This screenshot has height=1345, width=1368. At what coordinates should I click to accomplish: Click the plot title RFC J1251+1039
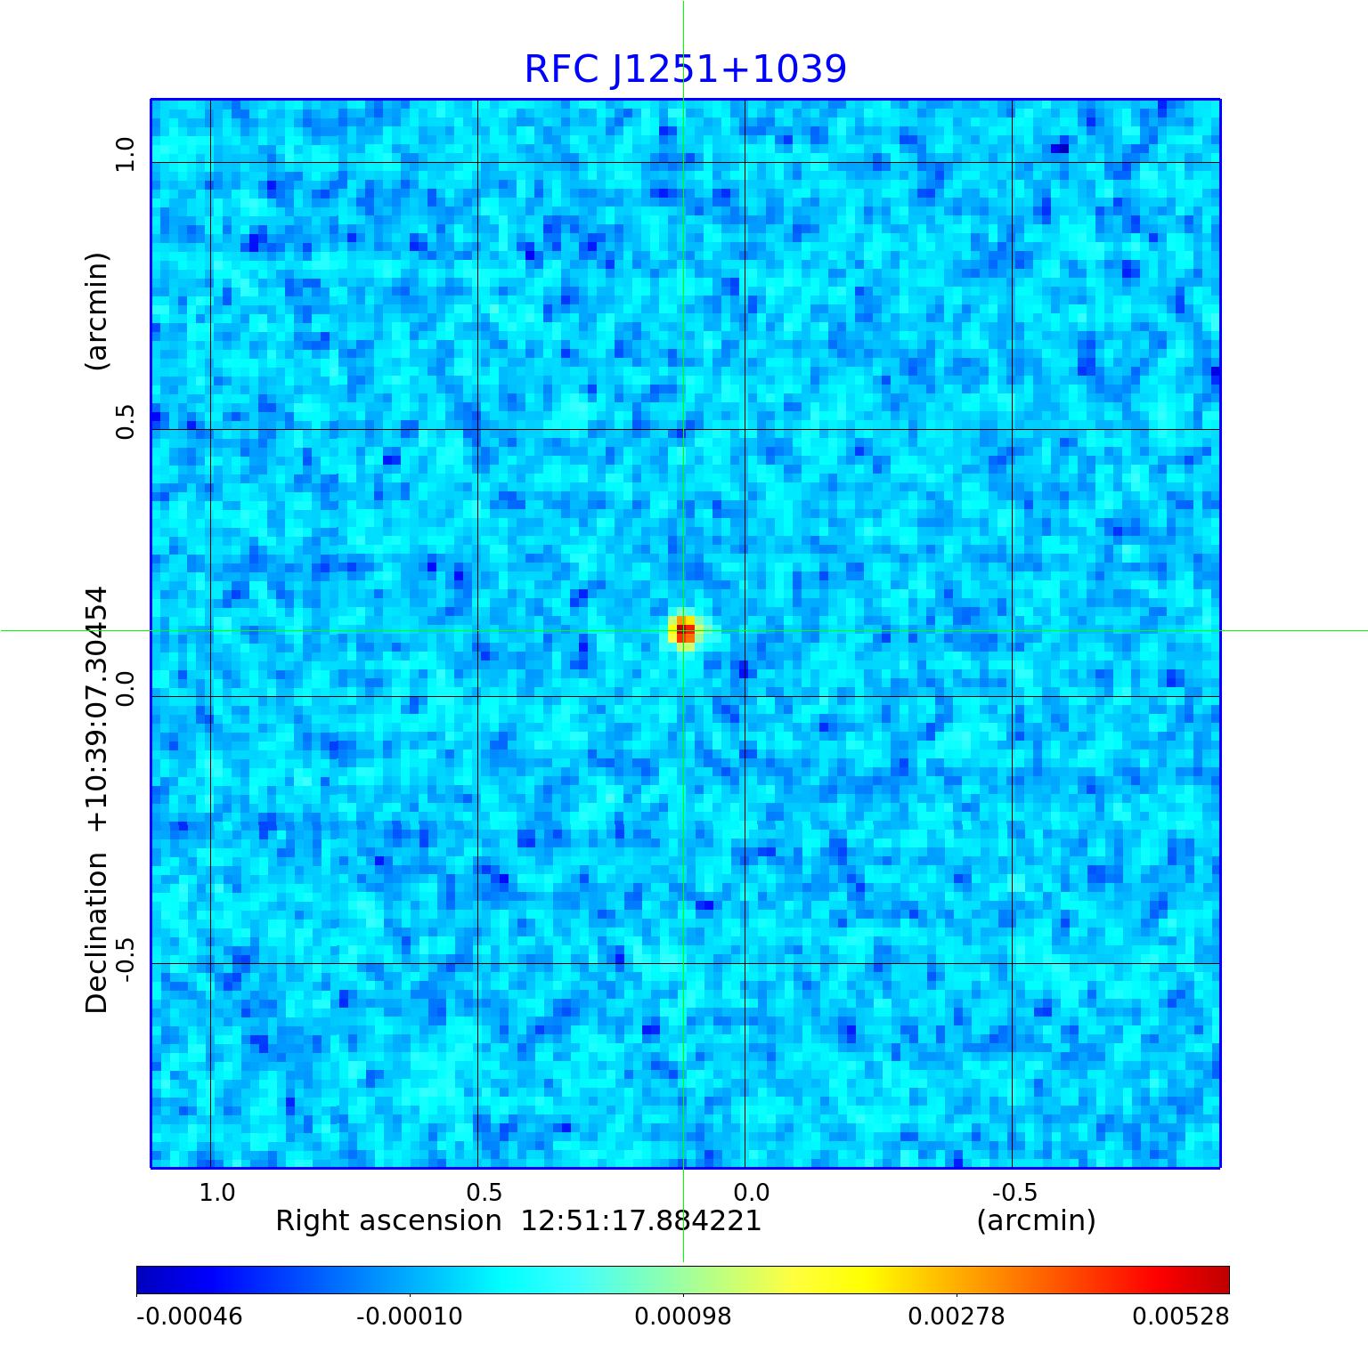point(685,69)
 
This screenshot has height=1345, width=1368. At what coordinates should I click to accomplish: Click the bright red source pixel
point(685,633)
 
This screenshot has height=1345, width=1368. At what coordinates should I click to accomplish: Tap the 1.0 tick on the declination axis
point(125,154)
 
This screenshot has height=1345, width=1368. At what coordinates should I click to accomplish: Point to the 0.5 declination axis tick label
point(125,421)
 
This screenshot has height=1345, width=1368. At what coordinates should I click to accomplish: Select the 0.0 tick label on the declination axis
point(125,688)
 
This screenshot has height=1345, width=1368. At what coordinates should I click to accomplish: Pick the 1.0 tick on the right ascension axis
point(216,1192)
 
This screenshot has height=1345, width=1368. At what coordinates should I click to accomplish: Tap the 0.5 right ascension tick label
point(484,1192)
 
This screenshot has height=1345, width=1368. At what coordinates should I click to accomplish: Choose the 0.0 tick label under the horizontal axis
point(751,1192)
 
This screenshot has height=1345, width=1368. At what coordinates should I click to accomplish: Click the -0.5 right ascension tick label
point(1014,1192)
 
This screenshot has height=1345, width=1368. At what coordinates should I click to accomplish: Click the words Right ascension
point(388,1220)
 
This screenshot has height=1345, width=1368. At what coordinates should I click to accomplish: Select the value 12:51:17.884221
point(641,1220)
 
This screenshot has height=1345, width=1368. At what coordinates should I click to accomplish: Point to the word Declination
point(96,932)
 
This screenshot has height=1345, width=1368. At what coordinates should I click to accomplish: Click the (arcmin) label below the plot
point(1036,1220)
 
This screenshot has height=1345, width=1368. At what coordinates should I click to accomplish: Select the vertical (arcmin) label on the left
point(96,311)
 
